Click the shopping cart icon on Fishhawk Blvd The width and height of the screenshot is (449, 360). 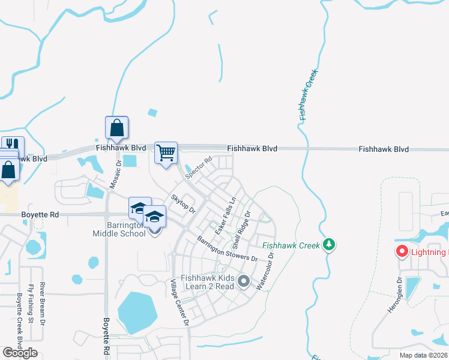coord(166,152)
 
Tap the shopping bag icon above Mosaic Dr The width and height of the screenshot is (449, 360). coord(116,127)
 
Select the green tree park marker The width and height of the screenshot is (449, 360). coord(328,244)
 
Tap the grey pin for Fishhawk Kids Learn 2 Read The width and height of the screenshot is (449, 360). coord(244,280)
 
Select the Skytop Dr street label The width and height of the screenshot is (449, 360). coord(183,203)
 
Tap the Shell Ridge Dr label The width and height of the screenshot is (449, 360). coord(241,230)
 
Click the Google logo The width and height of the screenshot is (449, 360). coord(20,353)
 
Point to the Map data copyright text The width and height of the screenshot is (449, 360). coord(423,355)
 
